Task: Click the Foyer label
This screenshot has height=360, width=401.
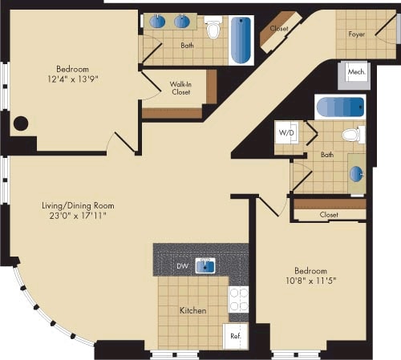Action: (356, 34)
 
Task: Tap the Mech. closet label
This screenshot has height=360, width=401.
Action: (355, 72)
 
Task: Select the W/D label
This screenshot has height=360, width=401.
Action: (285, 131)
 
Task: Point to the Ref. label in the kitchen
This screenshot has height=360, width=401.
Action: (236, 337)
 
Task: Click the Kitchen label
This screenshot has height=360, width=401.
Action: (192, 310)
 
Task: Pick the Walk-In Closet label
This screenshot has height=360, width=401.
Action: (180, 88)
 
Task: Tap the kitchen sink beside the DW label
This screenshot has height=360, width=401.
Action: (205, 265)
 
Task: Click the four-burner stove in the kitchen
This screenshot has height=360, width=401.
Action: (239, 300)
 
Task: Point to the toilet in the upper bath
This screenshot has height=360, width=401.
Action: (213, 30)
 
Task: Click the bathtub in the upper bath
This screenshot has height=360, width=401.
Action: (241, 40)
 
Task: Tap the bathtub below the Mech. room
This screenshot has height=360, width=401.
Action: (340, 107)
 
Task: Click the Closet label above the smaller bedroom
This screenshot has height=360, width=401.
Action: (329, 214)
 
